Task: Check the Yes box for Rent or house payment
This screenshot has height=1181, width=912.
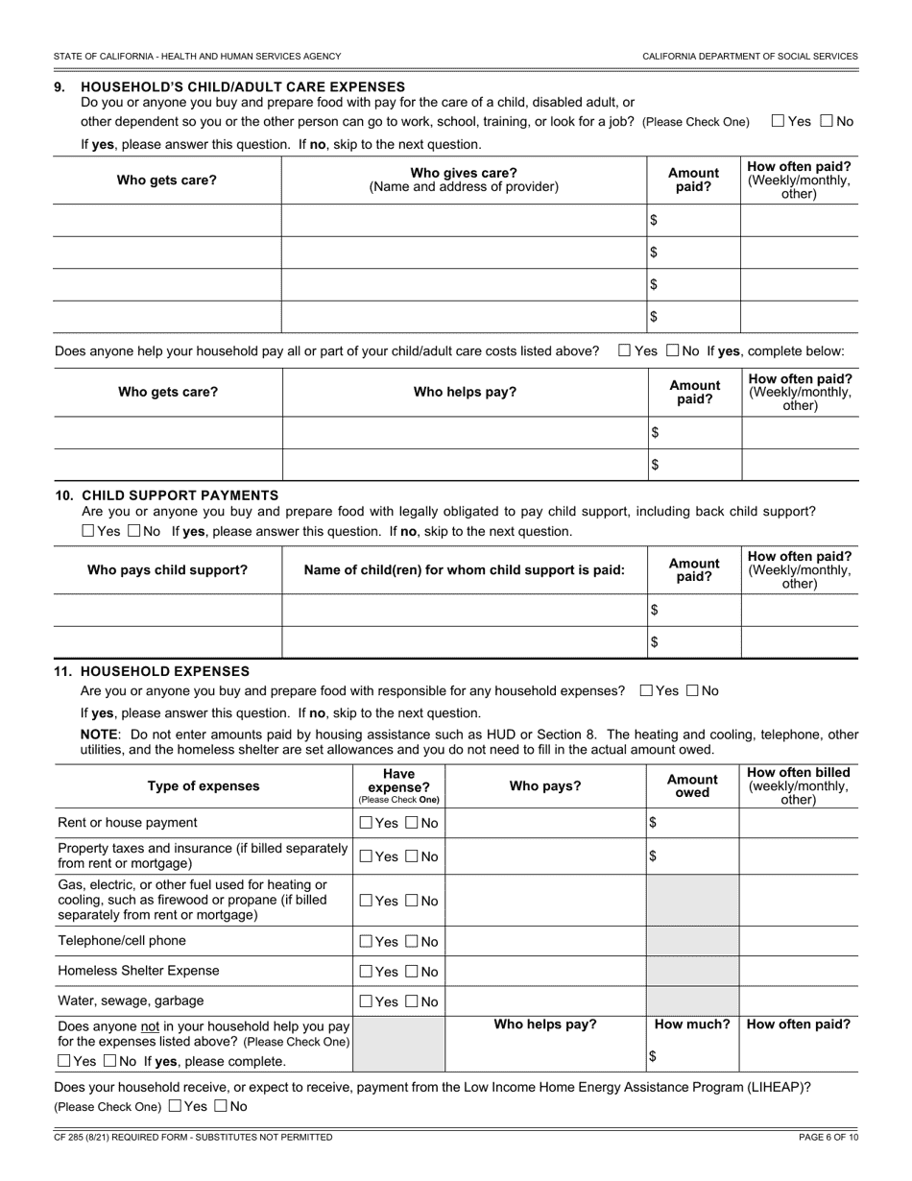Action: (x=366, y=823)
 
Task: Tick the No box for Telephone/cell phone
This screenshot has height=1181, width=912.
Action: (x=412, y=942)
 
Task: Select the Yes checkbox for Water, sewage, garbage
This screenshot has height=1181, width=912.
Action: (x=366, y=1001)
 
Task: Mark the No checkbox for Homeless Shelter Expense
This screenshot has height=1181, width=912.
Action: (x=412, y=972)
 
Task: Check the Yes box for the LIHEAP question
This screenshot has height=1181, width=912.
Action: (x=175, y=1105)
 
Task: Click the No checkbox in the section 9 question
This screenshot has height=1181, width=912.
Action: (x=827, y=121)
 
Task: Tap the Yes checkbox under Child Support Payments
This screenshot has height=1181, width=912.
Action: (x=88, y=531)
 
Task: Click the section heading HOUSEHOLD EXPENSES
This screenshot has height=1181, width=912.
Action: (x=165, y=671)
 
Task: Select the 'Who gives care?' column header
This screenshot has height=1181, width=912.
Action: (x=464, y=180)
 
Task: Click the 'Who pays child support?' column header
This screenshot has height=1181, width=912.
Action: (x=167, y=570)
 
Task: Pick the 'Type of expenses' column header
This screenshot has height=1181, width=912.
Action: (x=204, y=786)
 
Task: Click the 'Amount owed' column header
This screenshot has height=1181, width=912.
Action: (x=692, y=786)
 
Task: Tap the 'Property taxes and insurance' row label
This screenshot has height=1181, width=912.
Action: (x=203, y=856)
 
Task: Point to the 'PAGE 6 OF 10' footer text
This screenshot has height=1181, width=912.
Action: (x=828, y=1138)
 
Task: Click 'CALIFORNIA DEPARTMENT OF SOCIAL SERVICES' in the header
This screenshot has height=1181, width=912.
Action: (x=750, y=57)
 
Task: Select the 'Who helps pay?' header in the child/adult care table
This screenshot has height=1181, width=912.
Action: (x=465, y=392)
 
